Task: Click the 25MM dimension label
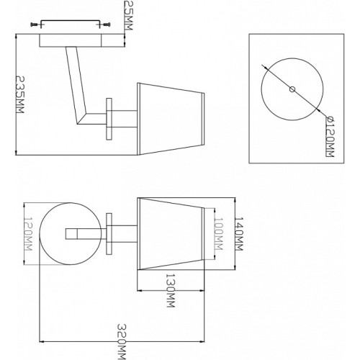point(129,15)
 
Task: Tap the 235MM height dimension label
point(20,95)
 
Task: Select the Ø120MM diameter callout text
point(330,136)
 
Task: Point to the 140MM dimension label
point(239,234)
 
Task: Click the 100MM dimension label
point(218,233)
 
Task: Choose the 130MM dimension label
point(171,290)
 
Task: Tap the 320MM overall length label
point(122,342)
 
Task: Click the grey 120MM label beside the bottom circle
point(28,234)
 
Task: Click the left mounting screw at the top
point(35,24)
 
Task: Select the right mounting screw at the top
point(107,24)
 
